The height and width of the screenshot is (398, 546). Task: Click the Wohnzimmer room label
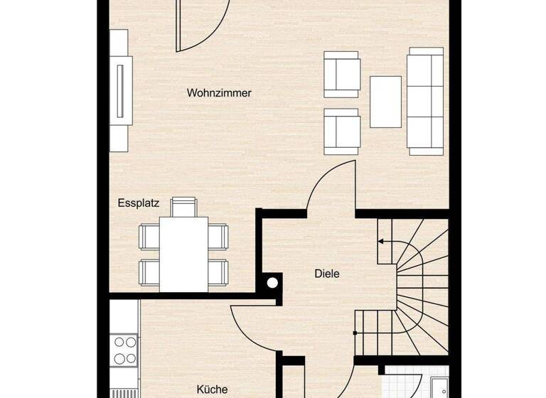point(219,93)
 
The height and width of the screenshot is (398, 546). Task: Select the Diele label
point(327,273)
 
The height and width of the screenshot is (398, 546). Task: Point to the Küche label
point(212,389)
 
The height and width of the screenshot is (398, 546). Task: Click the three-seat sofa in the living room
point(425,100)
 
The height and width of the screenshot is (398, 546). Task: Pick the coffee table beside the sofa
point(385,100)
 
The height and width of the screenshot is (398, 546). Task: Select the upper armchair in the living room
point(341,74)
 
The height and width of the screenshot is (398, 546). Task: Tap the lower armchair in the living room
point(341,131)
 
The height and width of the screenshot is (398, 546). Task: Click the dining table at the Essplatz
point(183,252)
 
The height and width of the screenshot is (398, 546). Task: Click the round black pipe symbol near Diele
point(272,283)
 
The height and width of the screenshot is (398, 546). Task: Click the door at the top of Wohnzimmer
point(202,26)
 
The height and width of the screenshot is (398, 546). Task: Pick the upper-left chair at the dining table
point(149,236)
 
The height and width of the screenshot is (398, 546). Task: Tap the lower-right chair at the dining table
point(218,271)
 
